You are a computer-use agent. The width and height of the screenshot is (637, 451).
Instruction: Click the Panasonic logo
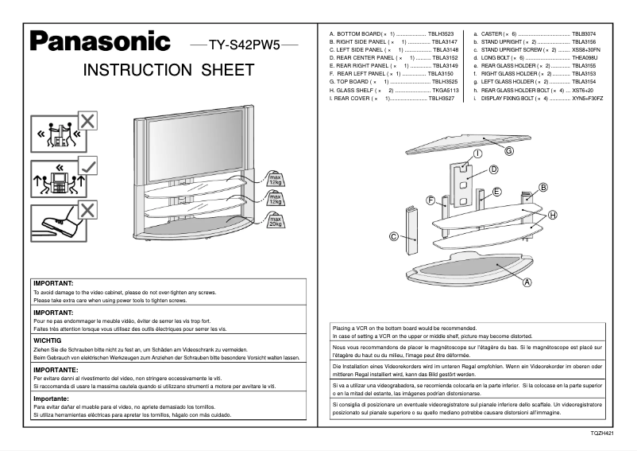(99, 41)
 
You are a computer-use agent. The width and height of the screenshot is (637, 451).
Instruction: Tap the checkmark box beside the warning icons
(88, 166)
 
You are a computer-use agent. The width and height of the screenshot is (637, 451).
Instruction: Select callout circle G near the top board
(508, 150)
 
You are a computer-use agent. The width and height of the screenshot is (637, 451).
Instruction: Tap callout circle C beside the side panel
(393, 236)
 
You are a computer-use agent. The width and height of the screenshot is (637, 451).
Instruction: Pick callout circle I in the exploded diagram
(478, 153)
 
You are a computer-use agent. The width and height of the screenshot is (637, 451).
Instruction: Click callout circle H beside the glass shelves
(552, 216)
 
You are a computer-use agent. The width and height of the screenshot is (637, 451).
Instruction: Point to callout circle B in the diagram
(544, 187)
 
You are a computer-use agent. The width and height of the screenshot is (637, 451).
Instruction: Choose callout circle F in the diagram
(430, 200)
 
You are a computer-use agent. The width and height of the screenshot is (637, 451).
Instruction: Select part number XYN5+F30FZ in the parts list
(587, 98)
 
